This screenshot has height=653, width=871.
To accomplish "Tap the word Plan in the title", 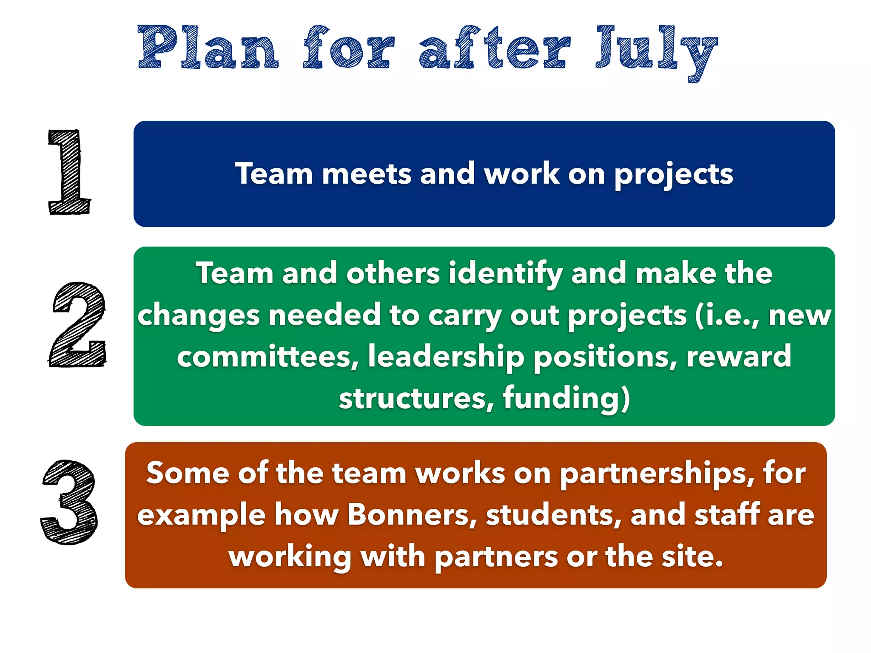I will tap(208, 48).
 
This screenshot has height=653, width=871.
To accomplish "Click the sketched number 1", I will tap(69, 172).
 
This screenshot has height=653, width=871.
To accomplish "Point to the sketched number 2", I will tap(77, 324).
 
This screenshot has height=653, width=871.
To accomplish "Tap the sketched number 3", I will tap(69, 502).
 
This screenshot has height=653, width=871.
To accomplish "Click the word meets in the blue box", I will tap(366, 174).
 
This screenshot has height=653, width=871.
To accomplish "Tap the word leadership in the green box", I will tap(446, 357).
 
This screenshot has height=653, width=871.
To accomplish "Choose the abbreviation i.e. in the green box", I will tap(727, 316).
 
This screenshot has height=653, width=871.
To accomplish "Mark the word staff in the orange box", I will tap(727, 515).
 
